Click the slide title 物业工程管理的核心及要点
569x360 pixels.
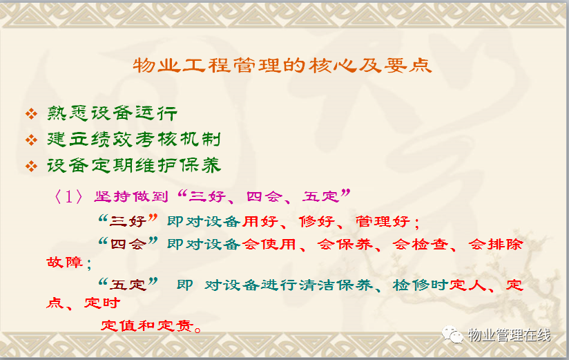[x=282, y=66]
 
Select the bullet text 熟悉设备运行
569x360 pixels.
[x=112, y=113]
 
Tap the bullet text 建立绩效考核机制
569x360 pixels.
[x=133, y=139]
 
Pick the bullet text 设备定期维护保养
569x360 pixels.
[x=133, y=165]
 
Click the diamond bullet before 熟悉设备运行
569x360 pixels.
[x=32, y=114]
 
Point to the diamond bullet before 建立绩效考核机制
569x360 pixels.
[x=32, y=140]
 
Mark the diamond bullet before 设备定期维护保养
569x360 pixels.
[x=32, y=167]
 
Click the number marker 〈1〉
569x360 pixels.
[x=68, y=197]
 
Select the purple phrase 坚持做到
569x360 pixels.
[x=131, y=196]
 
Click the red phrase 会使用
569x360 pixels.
[x=269, y=244]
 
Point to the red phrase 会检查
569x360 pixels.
[x=420, y=244]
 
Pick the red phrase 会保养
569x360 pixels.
[x=345, y=244]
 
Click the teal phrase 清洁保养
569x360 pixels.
[x=336, y=285]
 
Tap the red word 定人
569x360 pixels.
[x=467, y=285]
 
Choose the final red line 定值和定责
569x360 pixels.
[x=147, y=325]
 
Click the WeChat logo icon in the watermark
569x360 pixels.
[x=452, y=334]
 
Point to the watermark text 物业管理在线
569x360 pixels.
[x=509, y=335]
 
